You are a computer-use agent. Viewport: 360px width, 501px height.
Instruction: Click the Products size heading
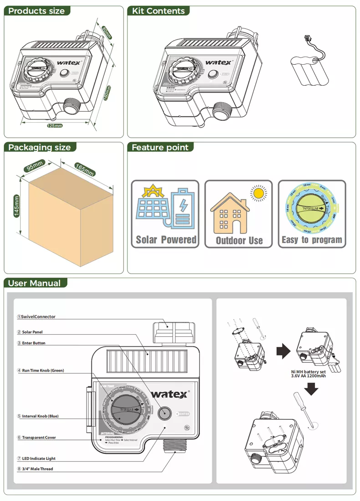[x=36, y=11]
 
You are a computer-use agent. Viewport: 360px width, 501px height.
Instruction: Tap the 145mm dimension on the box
[x=16, y=206]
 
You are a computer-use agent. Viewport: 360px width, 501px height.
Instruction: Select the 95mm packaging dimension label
[x=35, y=165]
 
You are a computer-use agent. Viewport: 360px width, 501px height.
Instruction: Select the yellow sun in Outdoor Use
[x=259, y=193]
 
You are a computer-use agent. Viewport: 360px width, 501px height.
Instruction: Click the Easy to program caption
[x=312, y=240]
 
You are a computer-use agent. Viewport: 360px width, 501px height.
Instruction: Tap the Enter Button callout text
[x=33, y=343]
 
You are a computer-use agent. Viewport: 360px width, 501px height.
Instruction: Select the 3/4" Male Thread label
[x=37, y=469]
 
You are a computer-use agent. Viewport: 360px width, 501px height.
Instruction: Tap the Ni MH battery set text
[x=308, y=374]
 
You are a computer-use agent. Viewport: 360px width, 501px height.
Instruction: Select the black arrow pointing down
[x=311, y=389]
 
